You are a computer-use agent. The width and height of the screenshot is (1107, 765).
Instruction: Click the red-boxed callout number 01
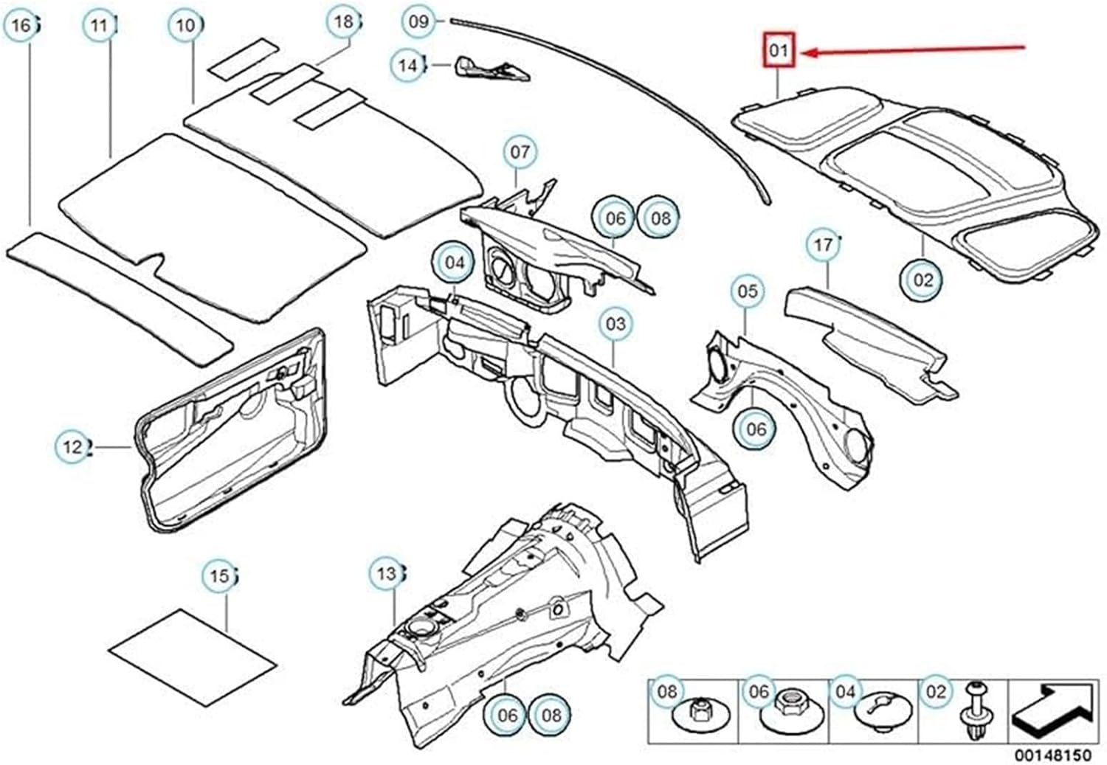coord(779,50)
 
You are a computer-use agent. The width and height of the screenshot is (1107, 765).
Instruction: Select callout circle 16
coord(21,27)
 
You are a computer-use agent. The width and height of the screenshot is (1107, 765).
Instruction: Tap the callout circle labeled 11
coord(99,27)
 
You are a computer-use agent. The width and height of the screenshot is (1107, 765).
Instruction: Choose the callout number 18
coord(344,22)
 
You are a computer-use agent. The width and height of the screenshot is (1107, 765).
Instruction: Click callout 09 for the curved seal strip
coord(418,21)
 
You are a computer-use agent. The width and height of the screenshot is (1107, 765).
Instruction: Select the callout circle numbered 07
coord(520,152)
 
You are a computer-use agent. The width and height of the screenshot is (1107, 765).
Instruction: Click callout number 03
coord(615,324)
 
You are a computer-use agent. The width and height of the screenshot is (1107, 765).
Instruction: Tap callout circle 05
coord(747,291)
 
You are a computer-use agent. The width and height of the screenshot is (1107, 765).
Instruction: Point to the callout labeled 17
coord(823,244)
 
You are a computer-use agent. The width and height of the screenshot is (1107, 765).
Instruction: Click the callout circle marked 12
coord(72,447)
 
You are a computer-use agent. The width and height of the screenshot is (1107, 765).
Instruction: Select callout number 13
coord(386,574)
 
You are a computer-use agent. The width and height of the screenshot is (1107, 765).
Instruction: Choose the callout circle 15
coord(219,575)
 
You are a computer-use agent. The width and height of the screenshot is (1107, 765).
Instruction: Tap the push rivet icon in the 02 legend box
coord(975,711)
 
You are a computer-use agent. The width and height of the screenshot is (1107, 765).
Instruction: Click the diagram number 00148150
coord(1052,755)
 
